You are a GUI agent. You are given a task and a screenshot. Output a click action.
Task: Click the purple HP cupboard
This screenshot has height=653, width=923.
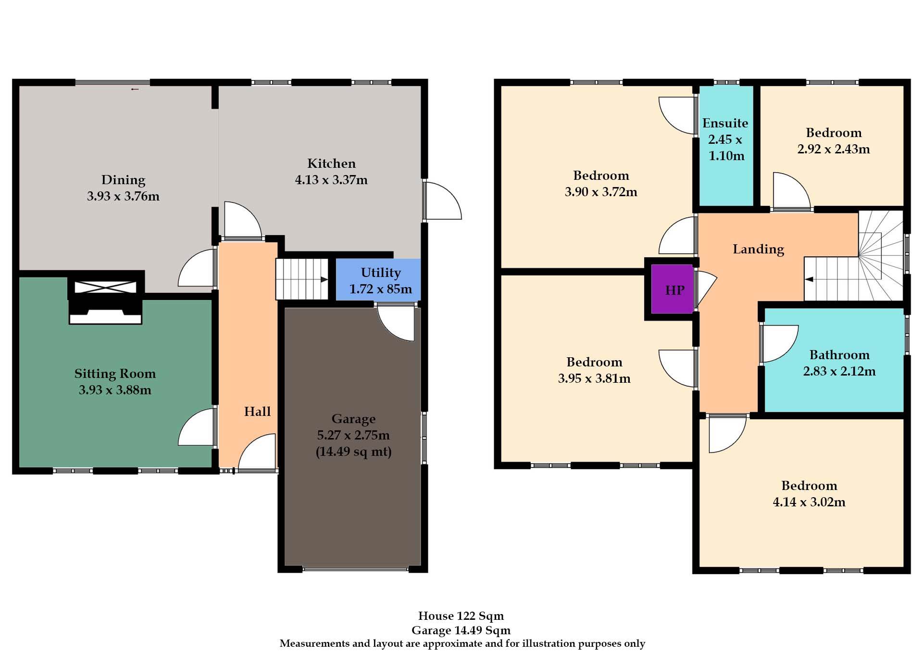[673, 289]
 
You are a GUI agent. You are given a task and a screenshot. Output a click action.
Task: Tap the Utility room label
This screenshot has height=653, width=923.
[381, 273]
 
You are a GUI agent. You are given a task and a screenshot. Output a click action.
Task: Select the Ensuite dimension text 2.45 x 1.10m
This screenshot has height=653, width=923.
[725, 148]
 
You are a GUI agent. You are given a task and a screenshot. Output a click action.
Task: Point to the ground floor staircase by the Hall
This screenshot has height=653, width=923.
[301, 279]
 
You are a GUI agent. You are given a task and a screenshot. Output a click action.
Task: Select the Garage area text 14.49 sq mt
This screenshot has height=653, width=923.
[353, 452]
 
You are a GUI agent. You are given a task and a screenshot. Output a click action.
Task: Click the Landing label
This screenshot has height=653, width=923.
[758, 249]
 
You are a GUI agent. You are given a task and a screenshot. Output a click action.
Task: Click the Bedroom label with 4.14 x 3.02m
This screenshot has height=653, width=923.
[809, 486]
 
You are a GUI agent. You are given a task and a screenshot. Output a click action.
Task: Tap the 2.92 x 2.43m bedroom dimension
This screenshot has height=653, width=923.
[833, 149]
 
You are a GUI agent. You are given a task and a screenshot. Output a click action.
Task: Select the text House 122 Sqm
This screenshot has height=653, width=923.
[461, 616]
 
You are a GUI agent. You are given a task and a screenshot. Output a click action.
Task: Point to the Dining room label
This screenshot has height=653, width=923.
[123, 180]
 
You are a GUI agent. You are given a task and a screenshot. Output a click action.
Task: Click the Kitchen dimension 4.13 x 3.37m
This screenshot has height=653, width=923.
[331, 180]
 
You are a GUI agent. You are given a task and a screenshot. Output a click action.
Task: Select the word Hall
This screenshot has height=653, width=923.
[257, 412]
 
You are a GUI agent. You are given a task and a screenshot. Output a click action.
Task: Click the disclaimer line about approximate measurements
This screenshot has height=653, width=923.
[462, 643]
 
